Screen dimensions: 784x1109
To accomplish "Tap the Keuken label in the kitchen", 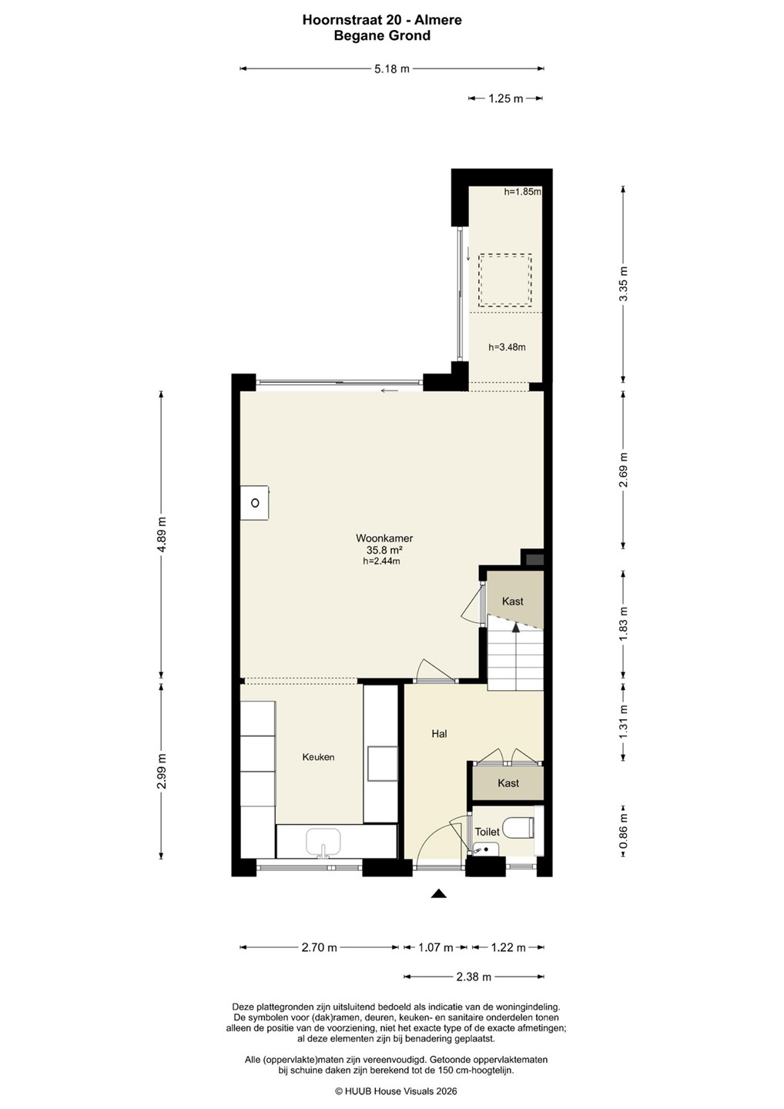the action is click(318, 757).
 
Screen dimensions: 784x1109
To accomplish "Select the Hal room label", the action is click(439, 734).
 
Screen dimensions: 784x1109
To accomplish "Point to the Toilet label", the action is click(487, 832).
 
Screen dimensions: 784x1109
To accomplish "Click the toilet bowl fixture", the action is click(523, 828).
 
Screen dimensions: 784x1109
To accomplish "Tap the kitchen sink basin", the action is click(323, 843).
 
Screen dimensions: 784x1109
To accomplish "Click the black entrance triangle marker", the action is click(438, 893).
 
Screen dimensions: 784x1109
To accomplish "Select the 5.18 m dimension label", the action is click(392, 69).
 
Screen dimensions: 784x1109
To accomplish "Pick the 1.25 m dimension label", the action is click(506, 99).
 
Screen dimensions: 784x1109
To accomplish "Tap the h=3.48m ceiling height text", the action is click(507, 347).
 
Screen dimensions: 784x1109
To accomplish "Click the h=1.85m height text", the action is click(522, 192).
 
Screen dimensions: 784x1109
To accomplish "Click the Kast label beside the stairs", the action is click(512, 601).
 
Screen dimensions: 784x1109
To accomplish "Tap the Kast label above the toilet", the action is click(508, 782).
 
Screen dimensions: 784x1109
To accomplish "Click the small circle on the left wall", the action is click(255, 503).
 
